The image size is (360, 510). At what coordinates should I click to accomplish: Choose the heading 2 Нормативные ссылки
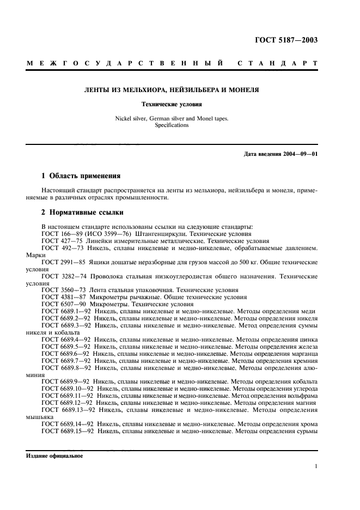(82, 212)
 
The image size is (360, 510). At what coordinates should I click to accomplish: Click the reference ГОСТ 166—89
(59, 233)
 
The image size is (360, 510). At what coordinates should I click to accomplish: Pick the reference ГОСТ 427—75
(59, 240)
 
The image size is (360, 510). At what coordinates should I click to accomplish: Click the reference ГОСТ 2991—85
(60, 262)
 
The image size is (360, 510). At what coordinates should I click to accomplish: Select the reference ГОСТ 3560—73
(60, 290)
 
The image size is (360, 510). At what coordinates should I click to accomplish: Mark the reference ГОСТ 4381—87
(60, 297)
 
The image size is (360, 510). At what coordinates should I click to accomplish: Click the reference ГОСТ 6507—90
(60, 305)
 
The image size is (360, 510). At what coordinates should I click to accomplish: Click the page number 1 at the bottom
(316, 466)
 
